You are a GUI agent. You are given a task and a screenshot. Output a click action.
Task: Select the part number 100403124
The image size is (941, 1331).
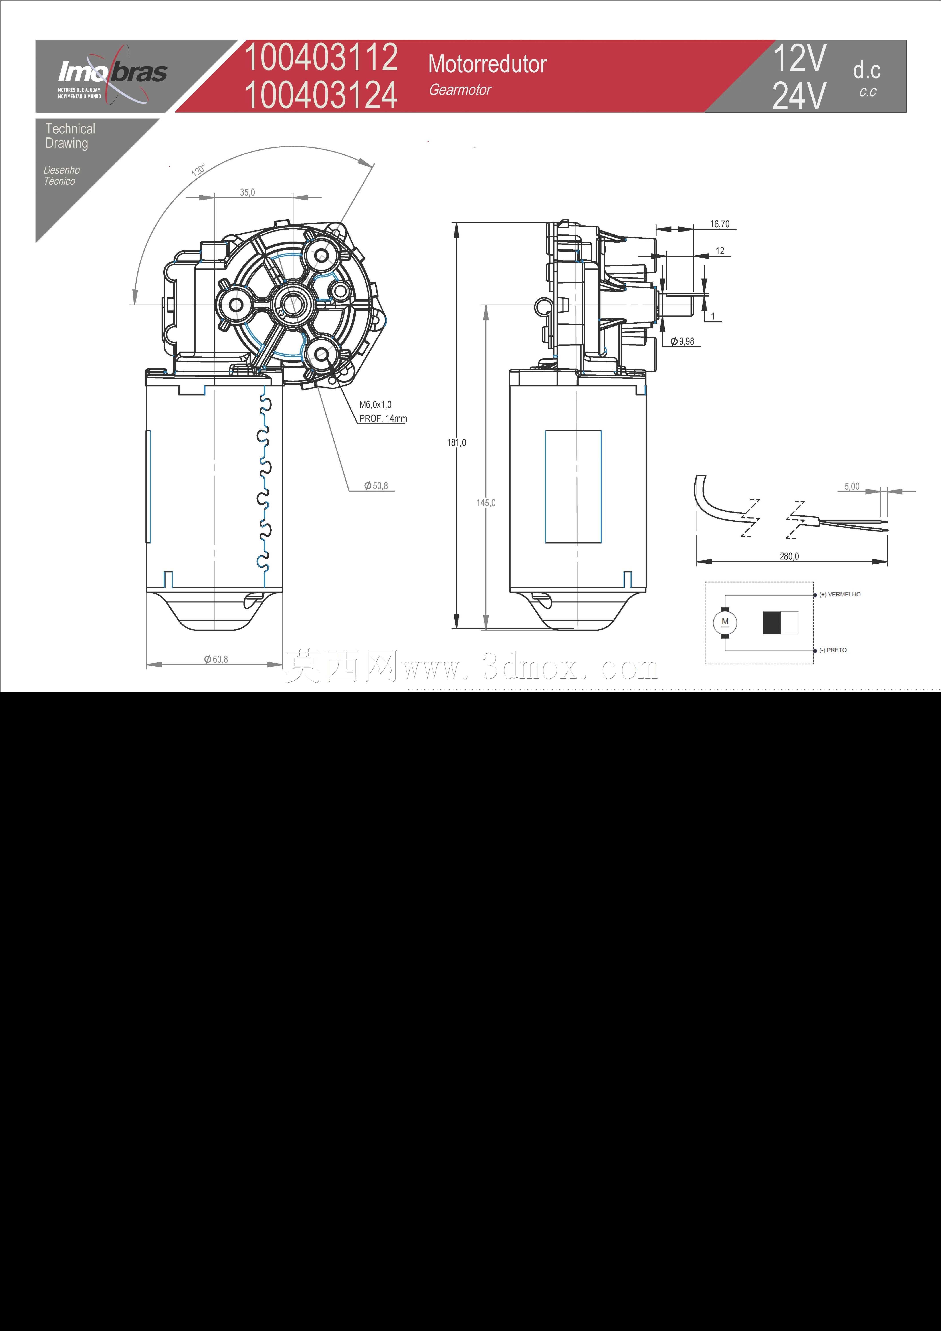click(x=321, y=95)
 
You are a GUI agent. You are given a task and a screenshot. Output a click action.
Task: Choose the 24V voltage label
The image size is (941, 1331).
click(x=799, y=96)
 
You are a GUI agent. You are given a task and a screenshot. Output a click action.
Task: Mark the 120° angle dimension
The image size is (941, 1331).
click(x=198, y=170)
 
